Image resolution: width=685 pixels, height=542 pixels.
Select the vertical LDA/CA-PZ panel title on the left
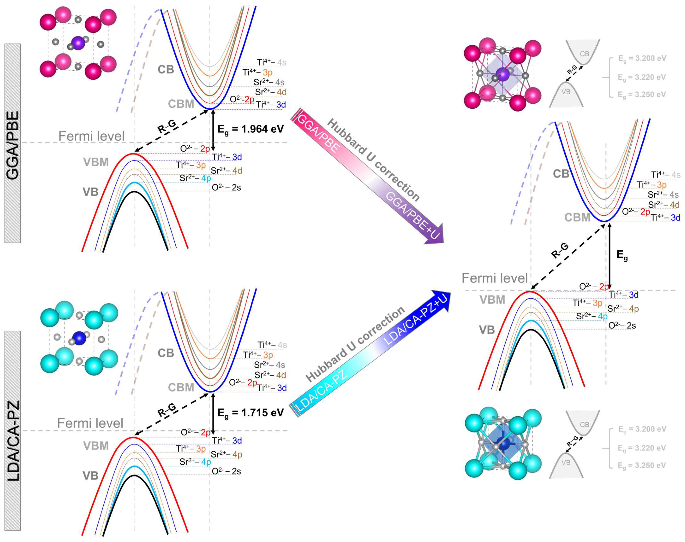[x=13, y=441]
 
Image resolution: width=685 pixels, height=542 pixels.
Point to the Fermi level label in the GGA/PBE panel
[x=91, y=136]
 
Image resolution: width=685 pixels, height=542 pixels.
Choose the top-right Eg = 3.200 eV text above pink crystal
[x=642, y=58]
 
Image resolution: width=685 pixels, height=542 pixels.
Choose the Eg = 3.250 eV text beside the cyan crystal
[x=642, y=465]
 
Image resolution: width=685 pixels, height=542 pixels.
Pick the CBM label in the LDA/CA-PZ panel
[x=181, y=387]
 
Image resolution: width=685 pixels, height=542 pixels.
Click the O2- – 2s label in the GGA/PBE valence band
[x=226, y=188]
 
